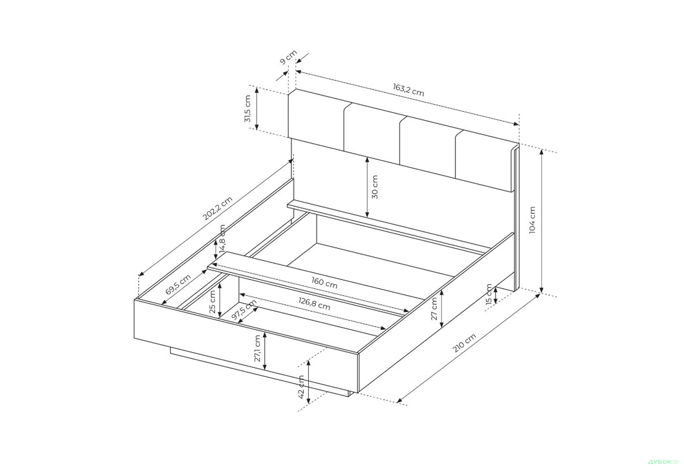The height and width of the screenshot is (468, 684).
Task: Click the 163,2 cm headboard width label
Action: click(x=409, y=90)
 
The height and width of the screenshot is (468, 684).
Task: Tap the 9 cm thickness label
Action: click(x=288, y=57)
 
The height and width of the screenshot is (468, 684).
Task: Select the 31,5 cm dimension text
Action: click(x=248, y=109)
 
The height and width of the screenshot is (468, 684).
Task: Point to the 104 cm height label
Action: click(x=532, y=220)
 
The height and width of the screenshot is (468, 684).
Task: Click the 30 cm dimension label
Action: click(x=374, y=187)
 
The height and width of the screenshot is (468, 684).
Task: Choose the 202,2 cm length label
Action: click(x=217, y=208)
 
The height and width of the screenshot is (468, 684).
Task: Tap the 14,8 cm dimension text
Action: click(x=222, y=239)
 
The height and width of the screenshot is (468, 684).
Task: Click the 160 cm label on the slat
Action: click(x=324, y=283)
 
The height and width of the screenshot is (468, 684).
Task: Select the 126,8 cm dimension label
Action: click(x=314, y=304)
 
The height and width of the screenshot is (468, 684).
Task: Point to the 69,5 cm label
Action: click(x=178, y=285)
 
